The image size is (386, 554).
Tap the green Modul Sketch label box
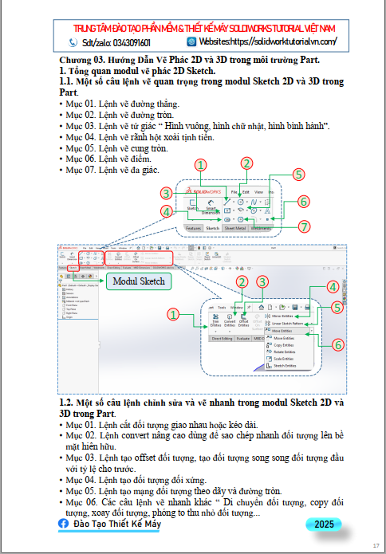139,281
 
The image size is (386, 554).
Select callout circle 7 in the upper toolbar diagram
303,226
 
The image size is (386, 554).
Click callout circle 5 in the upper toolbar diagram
298,174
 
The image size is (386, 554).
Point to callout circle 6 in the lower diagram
338,344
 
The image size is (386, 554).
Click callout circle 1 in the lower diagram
173,315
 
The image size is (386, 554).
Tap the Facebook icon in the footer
64,524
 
